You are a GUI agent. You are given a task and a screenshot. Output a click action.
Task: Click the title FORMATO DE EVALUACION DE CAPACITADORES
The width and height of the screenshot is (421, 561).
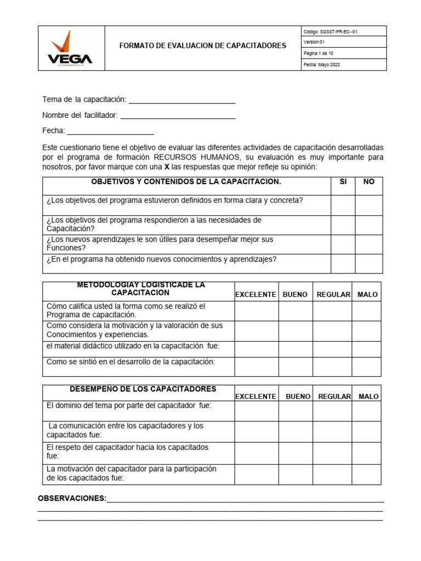pyautogui.click(x=203, y=46)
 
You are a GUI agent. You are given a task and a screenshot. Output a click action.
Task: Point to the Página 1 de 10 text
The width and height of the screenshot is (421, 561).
pyautogui.click(x=322, y=54)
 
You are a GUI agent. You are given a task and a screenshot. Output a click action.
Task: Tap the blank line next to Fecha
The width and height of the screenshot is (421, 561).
pyautogui.click(x=110, y=131)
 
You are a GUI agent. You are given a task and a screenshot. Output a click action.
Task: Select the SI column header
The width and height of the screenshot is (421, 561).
pyautogui.click(x=343, y=182)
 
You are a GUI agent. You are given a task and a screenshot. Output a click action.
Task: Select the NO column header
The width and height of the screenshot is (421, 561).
pyautogui.click(x=369, y=182)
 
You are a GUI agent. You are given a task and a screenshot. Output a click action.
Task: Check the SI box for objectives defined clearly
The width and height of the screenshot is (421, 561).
pyautogui.click(x=343, y=205)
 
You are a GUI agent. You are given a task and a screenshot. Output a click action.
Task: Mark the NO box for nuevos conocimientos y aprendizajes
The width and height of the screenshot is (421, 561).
pyautogui.click(x=369, y=264)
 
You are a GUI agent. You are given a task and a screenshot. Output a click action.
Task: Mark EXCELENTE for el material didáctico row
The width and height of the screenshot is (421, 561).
pyautogui.click(x=257, y=349)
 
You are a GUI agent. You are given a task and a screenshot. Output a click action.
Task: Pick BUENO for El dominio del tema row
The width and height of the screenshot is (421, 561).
pyautogui.click(x=296, y=411)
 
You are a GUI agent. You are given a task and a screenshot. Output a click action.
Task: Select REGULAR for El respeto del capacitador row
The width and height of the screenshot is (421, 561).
pyautogui.click(x=333, y=453)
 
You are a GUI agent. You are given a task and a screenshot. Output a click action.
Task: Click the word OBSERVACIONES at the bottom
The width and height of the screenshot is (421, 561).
pyautogui.click(x=72, y=499)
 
